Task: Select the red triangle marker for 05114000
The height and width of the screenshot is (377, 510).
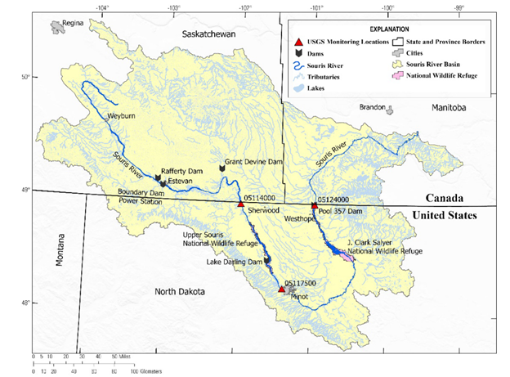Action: (x=240, y=204)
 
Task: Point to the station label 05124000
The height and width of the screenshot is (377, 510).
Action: (x=333, y=200)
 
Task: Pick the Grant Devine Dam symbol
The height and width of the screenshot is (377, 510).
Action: (x=221, y=168)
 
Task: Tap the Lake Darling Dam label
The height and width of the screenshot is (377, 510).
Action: (x=234, y=262)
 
